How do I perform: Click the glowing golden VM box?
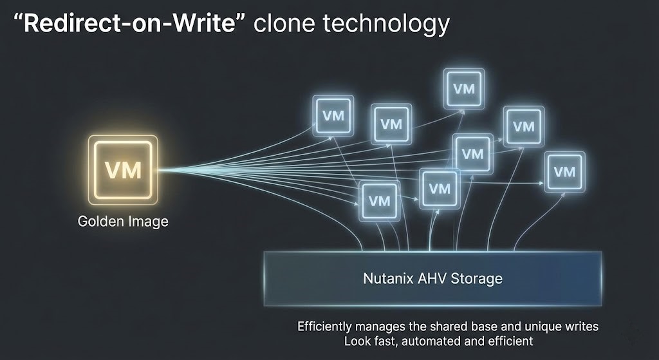pos(123,169)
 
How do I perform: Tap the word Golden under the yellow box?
pos(100,222)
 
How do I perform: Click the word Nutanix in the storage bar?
pos(385,279)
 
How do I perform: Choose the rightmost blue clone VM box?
pos(564,171)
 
